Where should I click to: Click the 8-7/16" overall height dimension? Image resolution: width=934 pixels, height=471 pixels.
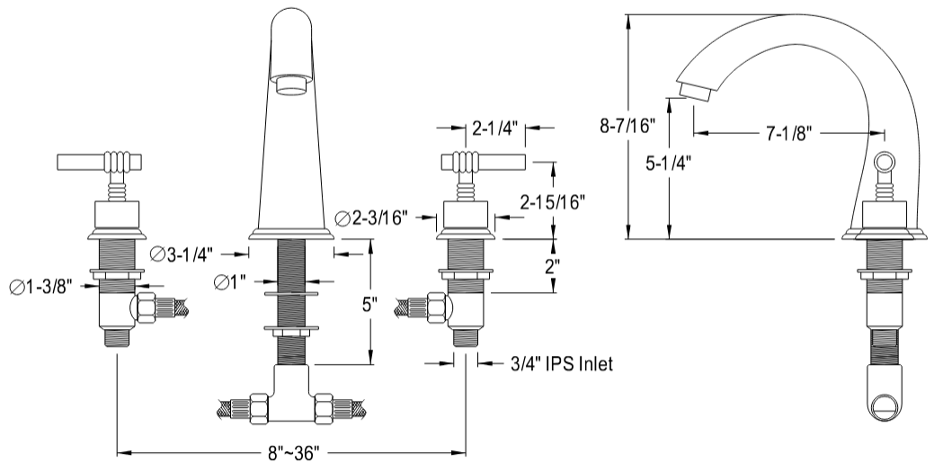tap(627, 126)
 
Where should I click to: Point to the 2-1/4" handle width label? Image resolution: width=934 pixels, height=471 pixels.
tap(494, 128)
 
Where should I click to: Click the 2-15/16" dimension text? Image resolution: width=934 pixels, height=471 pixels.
tap(552, 202)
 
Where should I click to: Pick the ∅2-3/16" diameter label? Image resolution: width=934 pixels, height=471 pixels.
tap(371, 218)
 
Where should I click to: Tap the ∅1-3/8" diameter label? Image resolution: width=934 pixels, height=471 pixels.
tap(41, 287)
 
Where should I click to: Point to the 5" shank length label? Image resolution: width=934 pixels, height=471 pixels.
tap(369, 305)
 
